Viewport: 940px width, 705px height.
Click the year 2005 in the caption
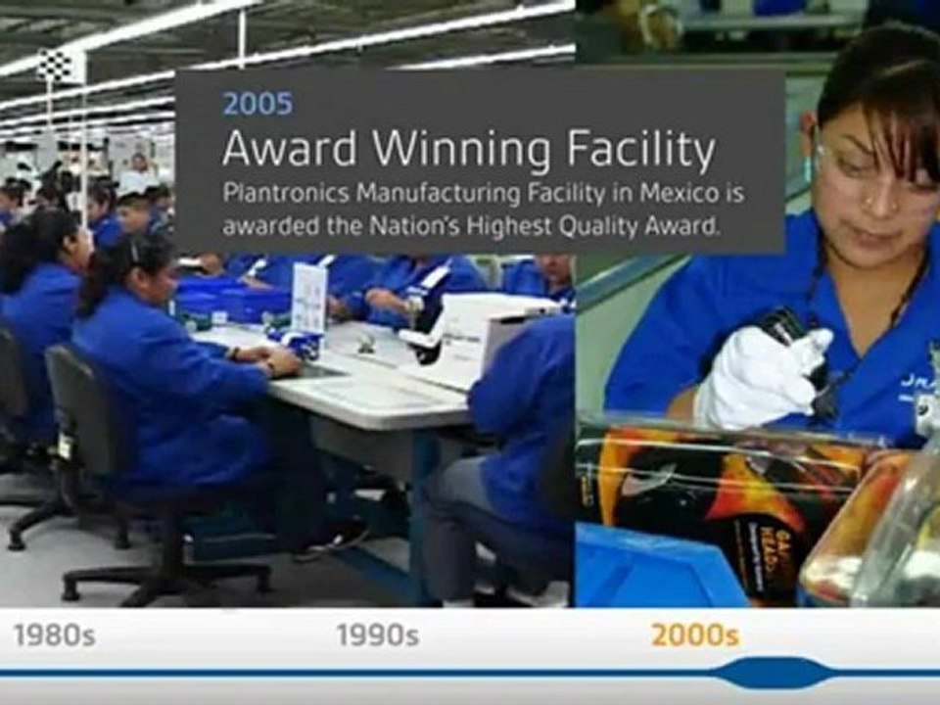point(257,103)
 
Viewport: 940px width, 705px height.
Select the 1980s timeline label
point(54,635)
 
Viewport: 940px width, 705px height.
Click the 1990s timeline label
point(377,635)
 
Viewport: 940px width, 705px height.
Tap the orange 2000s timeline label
point(694,635)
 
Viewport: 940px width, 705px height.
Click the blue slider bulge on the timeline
point(773,673)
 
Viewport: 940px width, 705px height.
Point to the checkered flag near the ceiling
point(55,67)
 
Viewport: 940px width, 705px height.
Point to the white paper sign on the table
point(308,299)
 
